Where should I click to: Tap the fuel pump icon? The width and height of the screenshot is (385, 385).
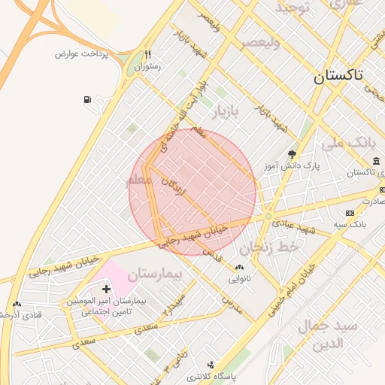(89, 99)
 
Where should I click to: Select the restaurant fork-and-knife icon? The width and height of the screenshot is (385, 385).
(148, 54)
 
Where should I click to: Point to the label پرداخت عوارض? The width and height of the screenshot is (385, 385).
(82, 54)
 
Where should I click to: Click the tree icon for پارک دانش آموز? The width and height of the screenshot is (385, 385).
(292, 153)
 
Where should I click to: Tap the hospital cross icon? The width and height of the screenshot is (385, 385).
(106, 289)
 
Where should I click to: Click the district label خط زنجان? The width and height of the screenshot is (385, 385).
(269, 246)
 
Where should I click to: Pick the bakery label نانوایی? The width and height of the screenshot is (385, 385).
(240, 277)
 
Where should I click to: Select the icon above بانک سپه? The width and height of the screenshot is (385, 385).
(350, 214)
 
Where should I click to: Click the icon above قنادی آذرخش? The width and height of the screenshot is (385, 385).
(17, 304)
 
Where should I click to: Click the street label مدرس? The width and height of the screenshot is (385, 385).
(232, 303)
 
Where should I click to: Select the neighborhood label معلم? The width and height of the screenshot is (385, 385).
(141, 181)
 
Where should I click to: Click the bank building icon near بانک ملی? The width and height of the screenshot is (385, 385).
(376, 161)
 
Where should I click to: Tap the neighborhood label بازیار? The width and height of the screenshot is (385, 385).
(223, 113)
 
